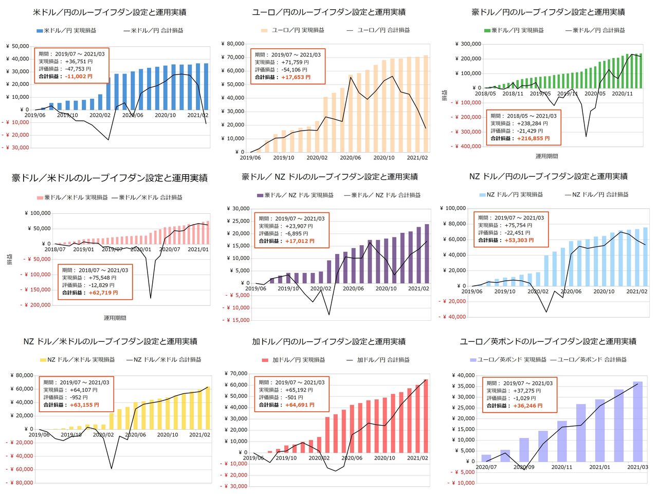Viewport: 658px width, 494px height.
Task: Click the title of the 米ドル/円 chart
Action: [109, 12]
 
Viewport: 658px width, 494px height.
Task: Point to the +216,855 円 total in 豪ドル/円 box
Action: [533, 138]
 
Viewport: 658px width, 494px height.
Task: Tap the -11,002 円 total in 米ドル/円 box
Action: [79, 76]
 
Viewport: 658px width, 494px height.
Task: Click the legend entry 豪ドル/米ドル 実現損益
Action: [76, 197]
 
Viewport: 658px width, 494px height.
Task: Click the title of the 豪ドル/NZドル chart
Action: [330, 177]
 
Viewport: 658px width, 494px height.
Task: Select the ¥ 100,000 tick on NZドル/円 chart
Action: [453, 208]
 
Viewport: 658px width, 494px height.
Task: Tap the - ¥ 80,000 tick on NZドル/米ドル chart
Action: [19, 483]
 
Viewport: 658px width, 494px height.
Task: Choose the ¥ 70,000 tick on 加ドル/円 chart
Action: [236, 374]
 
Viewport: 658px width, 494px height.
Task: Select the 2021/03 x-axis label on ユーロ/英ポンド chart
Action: [637, 467]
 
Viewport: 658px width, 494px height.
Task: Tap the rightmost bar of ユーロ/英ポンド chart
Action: [637, 421]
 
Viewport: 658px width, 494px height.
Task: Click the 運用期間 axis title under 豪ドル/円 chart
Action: [546, 156]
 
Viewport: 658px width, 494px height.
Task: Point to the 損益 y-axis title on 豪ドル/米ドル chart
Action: [10, 259]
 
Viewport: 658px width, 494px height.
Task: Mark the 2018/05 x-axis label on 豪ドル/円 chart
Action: [485, 94]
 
